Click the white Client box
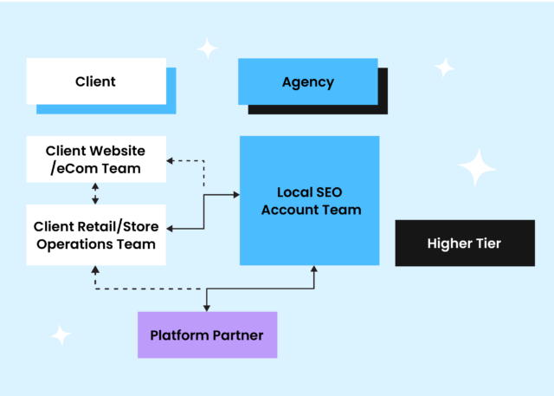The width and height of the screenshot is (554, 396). [95, 81]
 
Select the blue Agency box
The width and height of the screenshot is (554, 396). [307, 81]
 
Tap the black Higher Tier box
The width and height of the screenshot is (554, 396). [464, 243]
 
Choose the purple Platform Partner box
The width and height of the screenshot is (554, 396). [207, 334]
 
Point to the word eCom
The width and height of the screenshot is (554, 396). [81, 167]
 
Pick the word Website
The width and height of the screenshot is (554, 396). [114, 150]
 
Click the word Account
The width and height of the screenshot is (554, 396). [291, 210]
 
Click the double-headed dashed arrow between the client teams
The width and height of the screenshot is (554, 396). [95, 193]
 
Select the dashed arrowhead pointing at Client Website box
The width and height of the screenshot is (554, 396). [171, 159]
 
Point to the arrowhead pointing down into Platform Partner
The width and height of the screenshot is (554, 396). [206, 307]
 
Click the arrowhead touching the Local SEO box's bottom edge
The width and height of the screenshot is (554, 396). [313, 270]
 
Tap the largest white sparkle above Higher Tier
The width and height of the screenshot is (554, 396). [476, 167]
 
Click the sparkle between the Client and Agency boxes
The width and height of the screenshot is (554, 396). [207, 49]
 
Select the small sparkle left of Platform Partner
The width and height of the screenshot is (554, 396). [60, 334]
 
